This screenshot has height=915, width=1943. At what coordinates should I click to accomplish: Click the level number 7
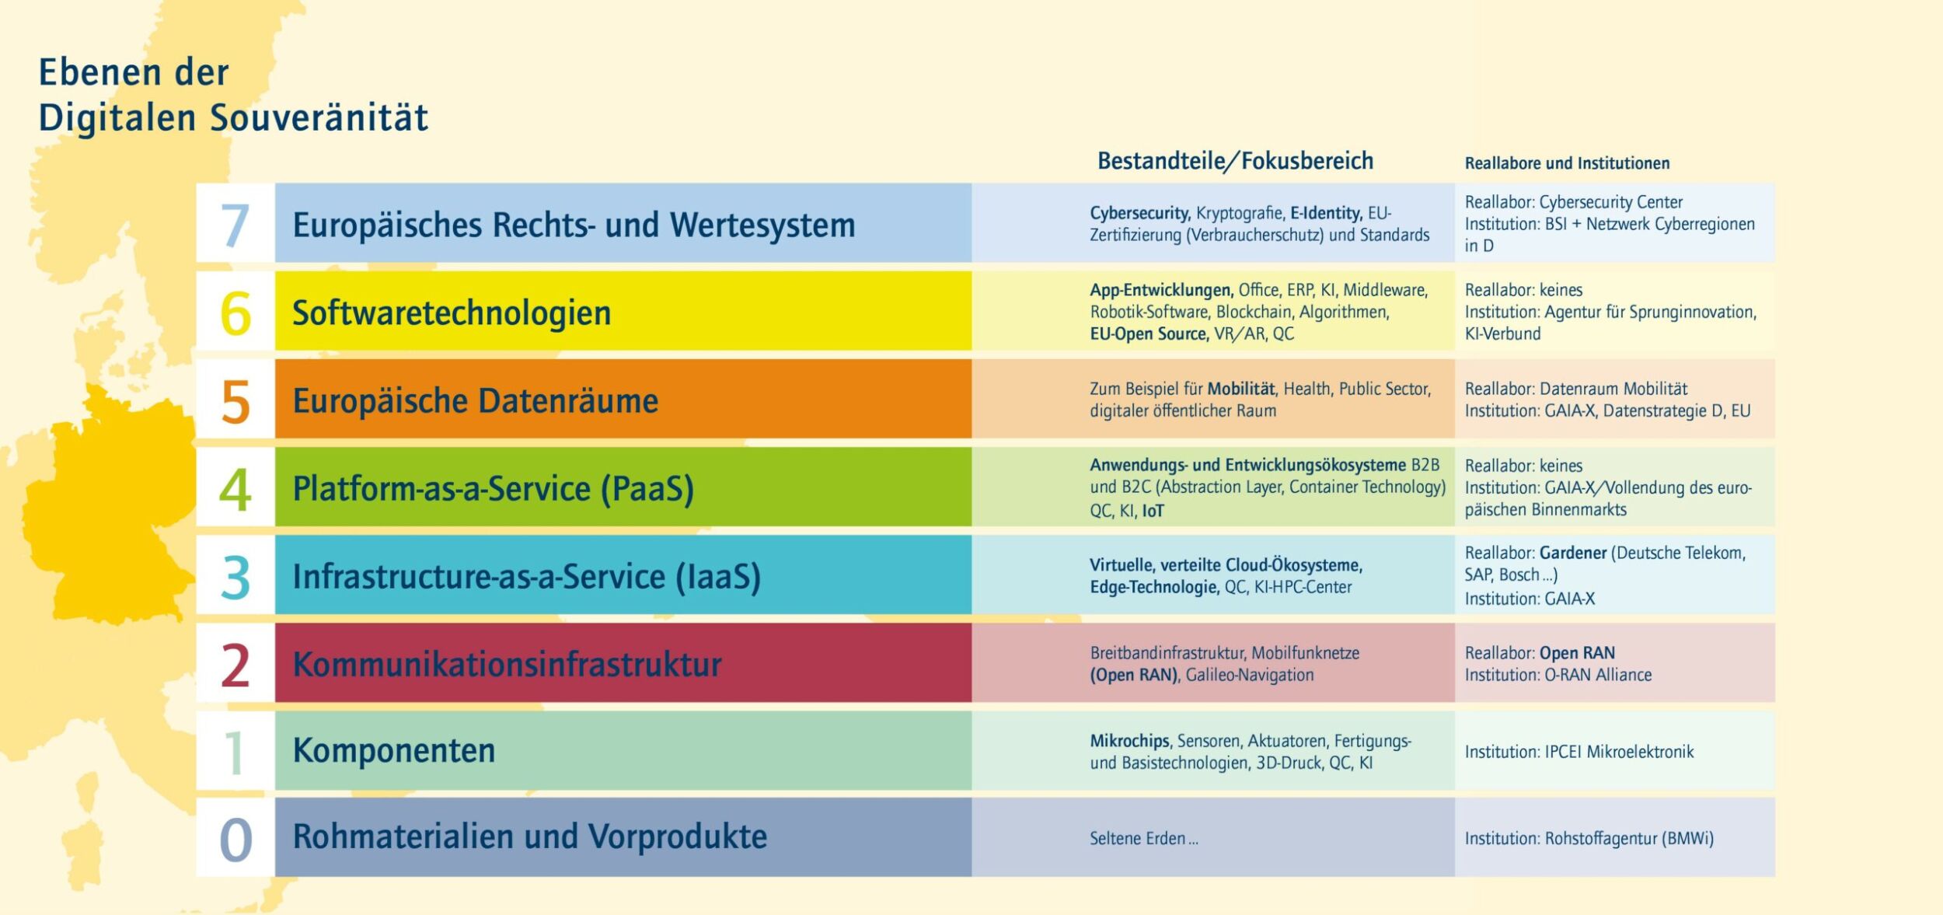point(235,225)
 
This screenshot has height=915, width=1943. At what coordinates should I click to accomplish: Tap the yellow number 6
point(235,313)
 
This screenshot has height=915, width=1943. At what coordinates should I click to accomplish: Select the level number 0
point(235,840)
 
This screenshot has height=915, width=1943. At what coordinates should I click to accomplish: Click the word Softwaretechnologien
point(452,313)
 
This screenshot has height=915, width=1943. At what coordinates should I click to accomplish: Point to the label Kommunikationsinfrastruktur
point(507,665)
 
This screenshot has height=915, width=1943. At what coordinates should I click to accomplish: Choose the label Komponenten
point(394,751)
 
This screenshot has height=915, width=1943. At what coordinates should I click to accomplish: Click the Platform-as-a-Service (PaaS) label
point(493,489)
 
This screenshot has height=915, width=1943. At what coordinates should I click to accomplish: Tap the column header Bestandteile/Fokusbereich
point(1235,161)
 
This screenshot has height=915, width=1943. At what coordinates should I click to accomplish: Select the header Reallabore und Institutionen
point(1567,163)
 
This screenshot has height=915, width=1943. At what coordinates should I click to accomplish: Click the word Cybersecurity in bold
point(1139,213)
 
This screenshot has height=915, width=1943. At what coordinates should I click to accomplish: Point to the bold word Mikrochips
point(1129,741)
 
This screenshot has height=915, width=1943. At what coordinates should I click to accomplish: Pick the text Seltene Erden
point(1138,839)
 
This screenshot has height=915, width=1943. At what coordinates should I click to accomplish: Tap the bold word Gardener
point(1572,553)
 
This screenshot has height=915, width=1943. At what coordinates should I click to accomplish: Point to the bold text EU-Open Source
point(1149,334)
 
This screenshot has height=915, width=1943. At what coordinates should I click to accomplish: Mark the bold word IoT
point(1153,511)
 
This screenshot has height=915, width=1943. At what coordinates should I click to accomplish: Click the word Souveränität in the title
point(319,118)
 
